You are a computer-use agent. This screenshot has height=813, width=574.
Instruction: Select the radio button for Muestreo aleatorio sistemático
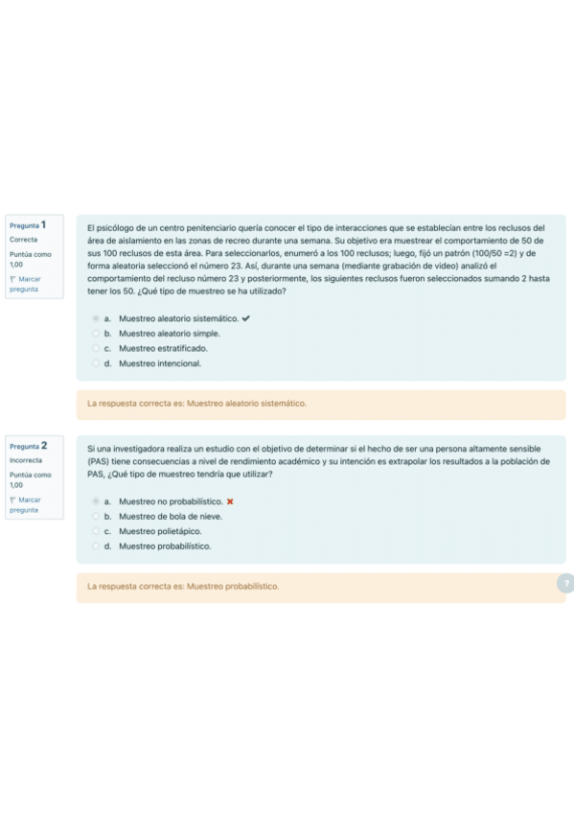(95, 318)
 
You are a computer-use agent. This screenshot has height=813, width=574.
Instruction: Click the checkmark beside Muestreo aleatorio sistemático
(247, 318)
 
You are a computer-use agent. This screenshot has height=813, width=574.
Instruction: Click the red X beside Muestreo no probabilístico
(230, 501)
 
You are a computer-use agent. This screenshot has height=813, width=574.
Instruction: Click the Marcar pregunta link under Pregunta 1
(25, 284)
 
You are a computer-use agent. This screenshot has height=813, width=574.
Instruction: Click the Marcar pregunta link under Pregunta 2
(25, 505)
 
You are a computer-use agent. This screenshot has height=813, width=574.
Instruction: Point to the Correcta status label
(24, 240)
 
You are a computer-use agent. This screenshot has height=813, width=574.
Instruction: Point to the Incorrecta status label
(26, 460)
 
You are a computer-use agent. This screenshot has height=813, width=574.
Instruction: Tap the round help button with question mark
(565, 584)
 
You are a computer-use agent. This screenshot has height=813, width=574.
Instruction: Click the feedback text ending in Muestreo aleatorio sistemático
(196, 404)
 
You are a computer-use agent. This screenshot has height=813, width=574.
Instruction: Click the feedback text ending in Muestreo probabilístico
(182, 586)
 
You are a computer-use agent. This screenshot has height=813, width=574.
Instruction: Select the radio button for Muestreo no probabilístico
(95, 501)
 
